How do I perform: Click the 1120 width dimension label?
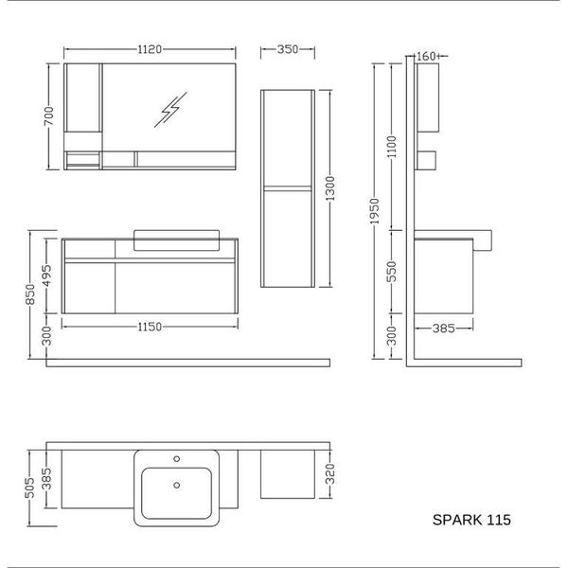tap(150, 49)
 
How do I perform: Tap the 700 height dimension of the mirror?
tap(49, 115)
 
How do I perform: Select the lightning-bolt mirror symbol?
tap(170, 110)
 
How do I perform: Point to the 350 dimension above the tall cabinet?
tap(288, 49)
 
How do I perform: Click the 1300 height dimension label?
tap(330, 188)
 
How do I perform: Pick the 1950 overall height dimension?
tap(375, 211)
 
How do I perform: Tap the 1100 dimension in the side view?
tap(392, 147)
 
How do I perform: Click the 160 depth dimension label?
tap(426, 57)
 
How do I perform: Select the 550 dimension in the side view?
tap(392, 272)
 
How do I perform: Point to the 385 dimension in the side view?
tap(443, 328)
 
